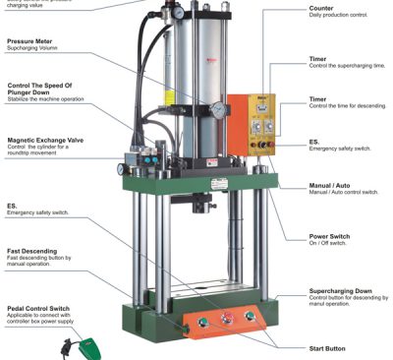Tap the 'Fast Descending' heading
pos(32,252)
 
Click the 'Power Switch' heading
pos(305,236)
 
